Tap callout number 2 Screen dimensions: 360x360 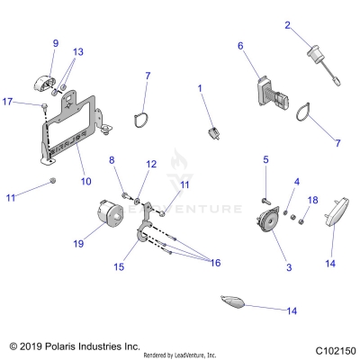288,25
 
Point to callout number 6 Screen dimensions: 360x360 240,45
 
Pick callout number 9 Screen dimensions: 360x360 55,43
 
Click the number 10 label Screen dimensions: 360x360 86,181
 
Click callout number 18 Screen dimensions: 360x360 313,199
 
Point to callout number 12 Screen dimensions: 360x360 151,164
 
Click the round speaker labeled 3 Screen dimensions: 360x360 265,221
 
